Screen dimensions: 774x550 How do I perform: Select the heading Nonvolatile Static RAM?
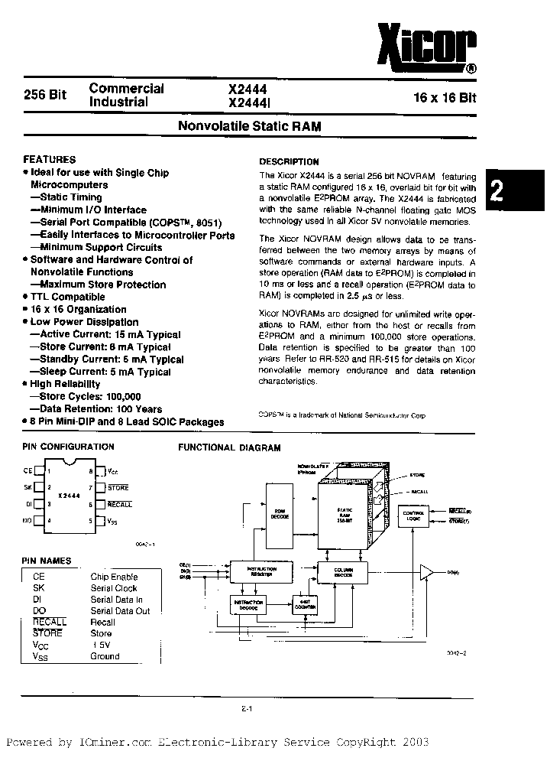249,126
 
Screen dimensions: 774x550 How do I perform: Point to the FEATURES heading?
50,160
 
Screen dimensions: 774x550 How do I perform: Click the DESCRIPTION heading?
289,162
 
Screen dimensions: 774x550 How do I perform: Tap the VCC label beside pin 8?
112,472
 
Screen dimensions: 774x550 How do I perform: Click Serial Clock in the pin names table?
114,588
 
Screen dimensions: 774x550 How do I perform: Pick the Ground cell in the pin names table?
105,656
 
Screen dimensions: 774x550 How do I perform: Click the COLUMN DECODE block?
343,571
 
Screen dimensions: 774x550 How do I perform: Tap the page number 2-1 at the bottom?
247,708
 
